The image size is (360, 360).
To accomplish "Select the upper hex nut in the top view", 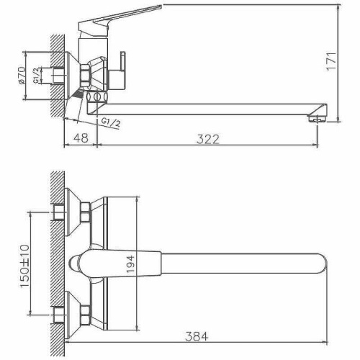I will (84, 211).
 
